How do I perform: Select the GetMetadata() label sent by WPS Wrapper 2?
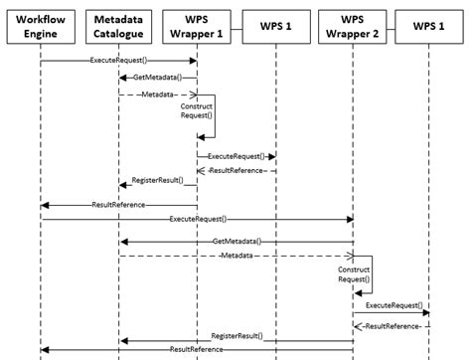coord(236,242)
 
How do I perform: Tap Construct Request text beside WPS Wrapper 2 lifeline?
coord(354,274)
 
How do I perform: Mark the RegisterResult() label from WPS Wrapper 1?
coord(157,183)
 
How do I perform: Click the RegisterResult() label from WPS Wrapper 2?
coord(236,337)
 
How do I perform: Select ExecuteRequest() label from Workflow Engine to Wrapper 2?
coord(196,218)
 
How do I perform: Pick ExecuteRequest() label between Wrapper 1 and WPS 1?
coord(235,156)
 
